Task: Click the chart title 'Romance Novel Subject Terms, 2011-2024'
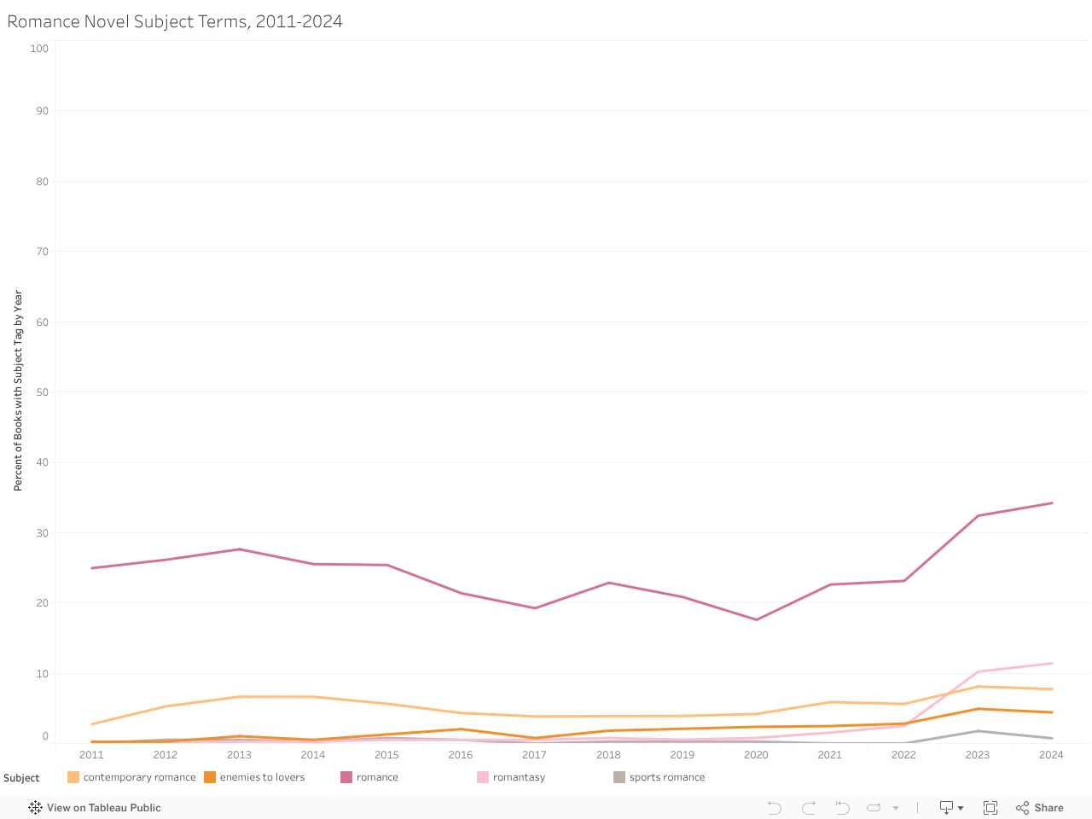coord(175,21)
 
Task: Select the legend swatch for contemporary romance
coord(73,777)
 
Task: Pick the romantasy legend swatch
coord(483,777)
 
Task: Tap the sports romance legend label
coord(667,777)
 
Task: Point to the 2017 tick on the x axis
coord(534,755)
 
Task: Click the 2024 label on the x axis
coord(1051,755)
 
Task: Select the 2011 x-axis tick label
coord(91,755)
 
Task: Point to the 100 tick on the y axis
coord(39,49)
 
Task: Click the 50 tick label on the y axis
coord(42,392)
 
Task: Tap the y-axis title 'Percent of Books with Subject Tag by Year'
coord(18,390)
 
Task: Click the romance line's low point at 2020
coord(757,619)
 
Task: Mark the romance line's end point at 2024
coord(1052,503)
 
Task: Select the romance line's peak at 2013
coord(239,549)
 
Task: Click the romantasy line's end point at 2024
coord(1052,663)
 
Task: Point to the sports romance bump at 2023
coord(978,731)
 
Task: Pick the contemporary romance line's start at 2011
coord(91,724)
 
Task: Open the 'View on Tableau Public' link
coord(95,808)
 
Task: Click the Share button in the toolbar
coord(1040,808)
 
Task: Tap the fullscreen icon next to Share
coord(990,808)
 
